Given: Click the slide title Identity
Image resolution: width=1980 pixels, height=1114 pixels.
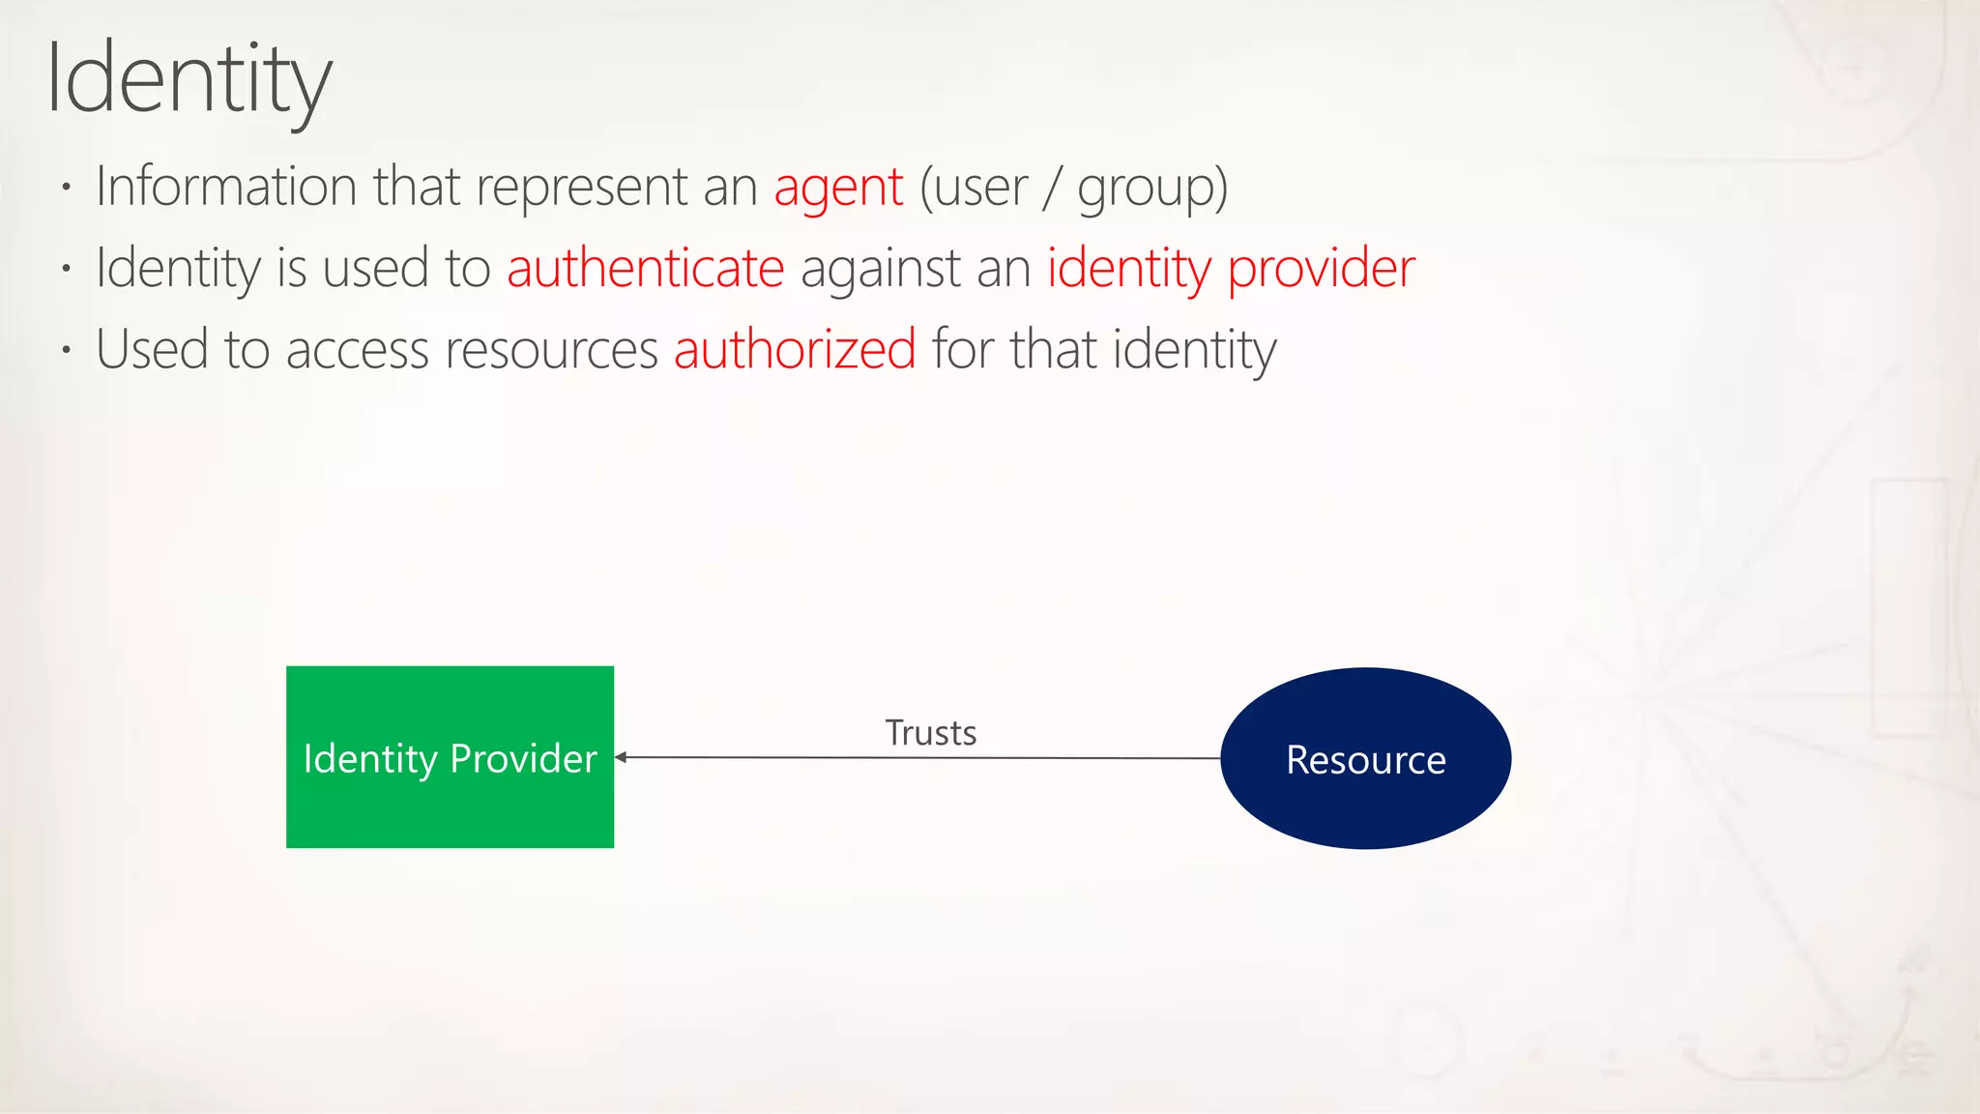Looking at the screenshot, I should pos(189,79).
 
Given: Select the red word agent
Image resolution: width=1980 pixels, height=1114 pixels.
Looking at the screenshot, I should pos(838,187).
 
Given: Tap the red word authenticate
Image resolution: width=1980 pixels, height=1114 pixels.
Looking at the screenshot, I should pos(645,268).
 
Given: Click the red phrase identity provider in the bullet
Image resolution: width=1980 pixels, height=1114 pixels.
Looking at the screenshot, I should pos(1231,268).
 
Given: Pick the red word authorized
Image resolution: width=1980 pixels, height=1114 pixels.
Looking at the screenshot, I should pos(795,349).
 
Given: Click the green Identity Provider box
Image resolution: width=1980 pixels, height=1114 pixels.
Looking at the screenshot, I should pos(450,757).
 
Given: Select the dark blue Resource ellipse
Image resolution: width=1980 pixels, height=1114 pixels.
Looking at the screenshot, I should pos(1365,759).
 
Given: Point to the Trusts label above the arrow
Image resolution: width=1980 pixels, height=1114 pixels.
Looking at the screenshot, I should pos(931,733).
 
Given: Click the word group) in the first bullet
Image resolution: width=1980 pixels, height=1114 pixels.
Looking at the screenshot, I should pos(1152,188).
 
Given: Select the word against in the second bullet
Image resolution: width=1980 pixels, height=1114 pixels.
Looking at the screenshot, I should pos(880,269).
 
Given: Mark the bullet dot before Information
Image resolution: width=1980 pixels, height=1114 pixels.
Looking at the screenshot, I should pos(66,187).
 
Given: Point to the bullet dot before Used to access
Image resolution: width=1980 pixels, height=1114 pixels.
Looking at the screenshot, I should pos(66,349).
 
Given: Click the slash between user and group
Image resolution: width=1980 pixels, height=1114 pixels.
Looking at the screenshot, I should pos(1052,188).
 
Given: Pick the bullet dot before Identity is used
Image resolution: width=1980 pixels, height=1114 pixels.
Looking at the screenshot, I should pos(66,268).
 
